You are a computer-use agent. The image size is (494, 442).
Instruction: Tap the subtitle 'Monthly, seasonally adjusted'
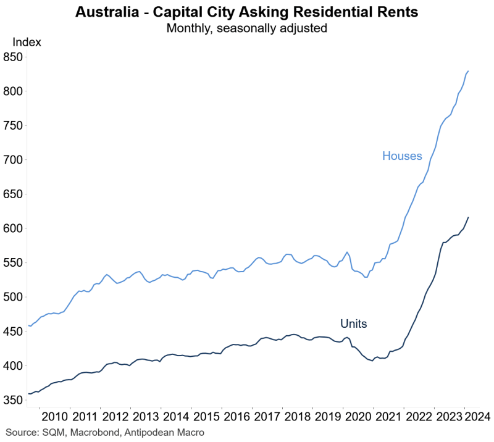250,28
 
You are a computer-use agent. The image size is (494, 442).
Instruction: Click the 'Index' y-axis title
27,43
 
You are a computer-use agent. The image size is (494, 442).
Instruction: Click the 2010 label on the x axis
56,415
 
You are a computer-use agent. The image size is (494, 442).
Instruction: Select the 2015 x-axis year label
207,415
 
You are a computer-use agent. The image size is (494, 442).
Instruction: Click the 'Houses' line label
402,156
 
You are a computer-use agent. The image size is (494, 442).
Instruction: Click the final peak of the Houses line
469,71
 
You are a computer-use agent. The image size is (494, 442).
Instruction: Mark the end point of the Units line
469,217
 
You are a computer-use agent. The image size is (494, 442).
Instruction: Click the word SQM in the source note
54,433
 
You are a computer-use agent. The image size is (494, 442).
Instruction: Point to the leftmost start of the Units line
29,394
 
